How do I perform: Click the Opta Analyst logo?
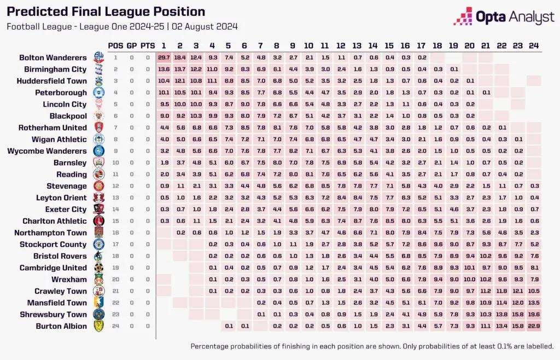[x=504, y=17]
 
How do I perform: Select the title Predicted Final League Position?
[x=106, y=11]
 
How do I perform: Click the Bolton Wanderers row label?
[x=53, y=57]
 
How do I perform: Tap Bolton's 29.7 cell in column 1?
[x=164, y=57]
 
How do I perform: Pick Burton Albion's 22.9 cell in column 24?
[x=534, y=326]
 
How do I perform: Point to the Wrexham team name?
[x=69, y=280]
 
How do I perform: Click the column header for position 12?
[x=341, y=45]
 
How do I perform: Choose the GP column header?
[x=132, y=45]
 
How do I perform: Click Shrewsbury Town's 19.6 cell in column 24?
[x=534, y=315]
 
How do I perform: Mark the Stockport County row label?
[x=54, y=245]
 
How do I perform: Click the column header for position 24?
[x=534, y=45]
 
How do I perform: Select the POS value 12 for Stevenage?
[x=116, y=186]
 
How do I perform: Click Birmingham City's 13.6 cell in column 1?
[x=164, y=69]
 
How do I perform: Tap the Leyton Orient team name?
[x=61, y=198]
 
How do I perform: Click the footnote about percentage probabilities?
[x=372, y=346]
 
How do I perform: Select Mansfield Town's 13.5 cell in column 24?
[x=534, y=303]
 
